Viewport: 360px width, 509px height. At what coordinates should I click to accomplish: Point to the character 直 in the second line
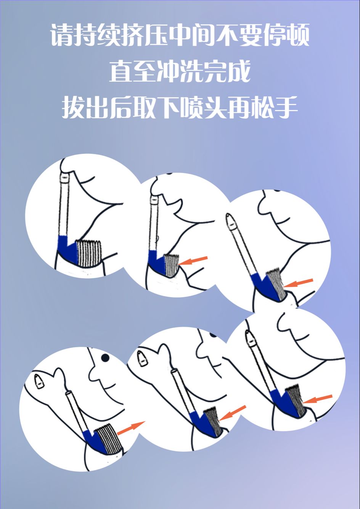[121, 71]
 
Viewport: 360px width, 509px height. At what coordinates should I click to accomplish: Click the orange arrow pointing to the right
[131, 428]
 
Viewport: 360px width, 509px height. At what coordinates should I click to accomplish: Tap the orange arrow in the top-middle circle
[193, 261]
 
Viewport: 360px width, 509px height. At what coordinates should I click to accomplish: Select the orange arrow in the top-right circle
[298, 283]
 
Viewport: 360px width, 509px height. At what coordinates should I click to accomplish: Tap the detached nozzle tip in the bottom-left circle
[39, 382]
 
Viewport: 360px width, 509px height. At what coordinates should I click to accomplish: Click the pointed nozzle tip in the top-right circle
[231, 221]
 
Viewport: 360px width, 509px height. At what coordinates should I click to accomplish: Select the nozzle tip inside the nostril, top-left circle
[65, 177]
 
